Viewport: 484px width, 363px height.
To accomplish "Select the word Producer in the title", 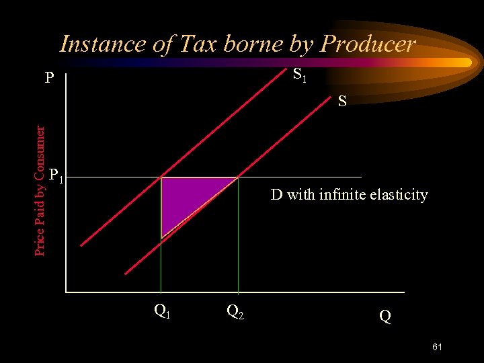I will click(x=368, y=44).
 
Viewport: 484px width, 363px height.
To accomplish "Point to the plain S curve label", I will click(x=342, y=102).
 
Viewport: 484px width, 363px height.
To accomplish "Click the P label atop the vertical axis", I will click(x=49, y=79).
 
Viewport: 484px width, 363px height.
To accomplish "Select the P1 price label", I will click(x=56, y=176).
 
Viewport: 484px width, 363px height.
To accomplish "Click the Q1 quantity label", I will click(x=161, y=311).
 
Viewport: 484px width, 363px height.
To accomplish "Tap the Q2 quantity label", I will click(x=235, y=311).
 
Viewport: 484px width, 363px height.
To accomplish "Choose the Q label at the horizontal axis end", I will click(x=385, y=315).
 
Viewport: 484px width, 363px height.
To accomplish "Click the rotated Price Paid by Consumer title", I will click(x=40, y=190).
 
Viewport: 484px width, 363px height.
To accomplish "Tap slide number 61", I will click(x=437, y=347).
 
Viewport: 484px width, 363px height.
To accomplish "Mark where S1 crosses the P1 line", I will click(x=161, y=177).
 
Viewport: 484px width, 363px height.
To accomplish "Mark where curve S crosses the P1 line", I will click(x=238, y=177).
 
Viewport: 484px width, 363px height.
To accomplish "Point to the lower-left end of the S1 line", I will click(x=82, y=245).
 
